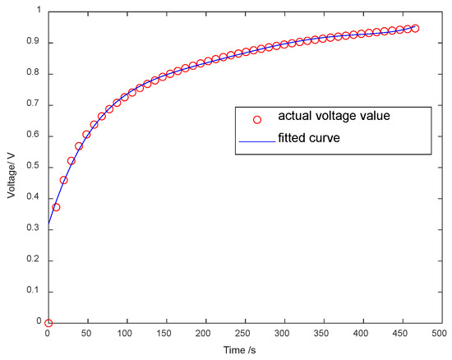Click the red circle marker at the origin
48,323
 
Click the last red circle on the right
415,29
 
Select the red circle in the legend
257,119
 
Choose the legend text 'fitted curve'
308,139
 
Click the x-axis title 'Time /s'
243,351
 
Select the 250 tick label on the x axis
243,335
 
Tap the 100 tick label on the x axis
126,335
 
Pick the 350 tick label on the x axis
321,335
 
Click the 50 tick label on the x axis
87,335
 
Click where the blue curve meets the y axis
48,223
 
